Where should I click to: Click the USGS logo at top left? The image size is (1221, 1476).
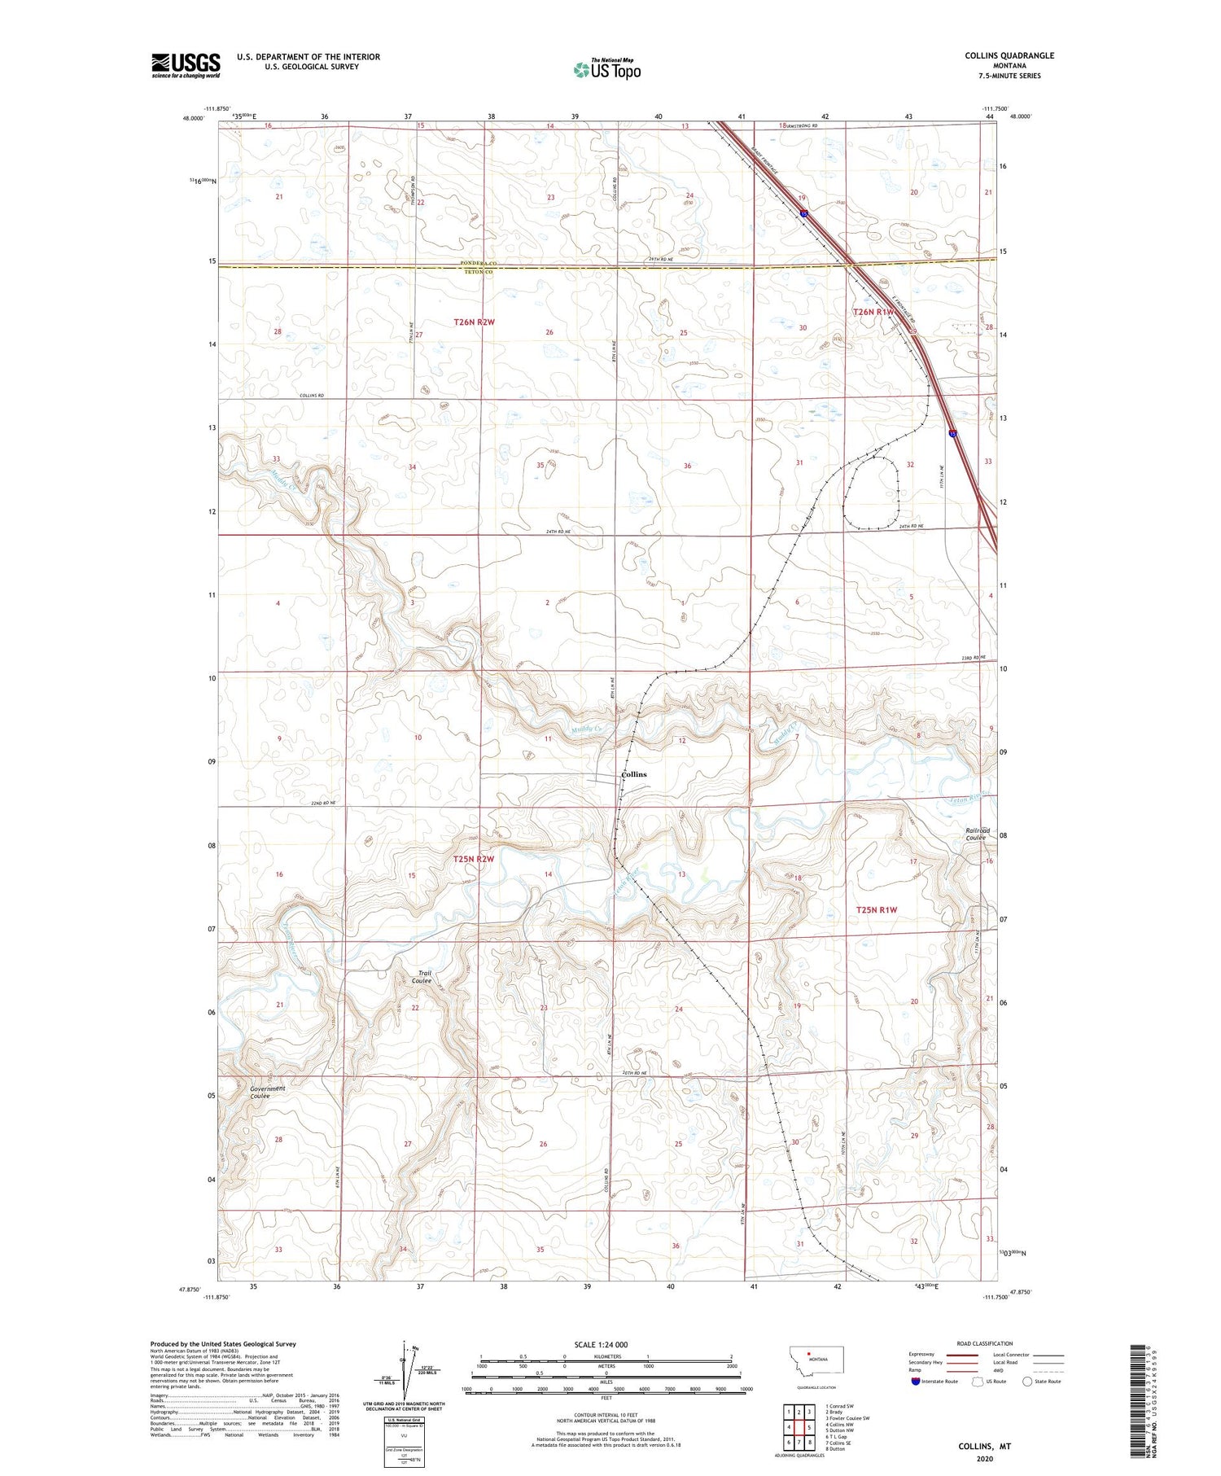tap(186, 65)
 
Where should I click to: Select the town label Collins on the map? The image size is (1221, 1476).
tap(633, 774)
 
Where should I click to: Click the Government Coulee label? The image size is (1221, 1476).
tap(268, 1092)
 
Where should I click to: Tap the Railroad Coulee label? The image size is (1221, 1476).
tap(975, 834)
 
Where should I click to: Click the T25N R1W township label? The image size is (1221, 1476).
tap(876, 909)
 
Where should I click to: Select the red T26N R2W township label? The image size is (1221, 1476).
tap(474, 322)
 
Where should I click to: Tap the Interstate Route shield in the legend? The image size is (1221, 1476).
tap(915, 1382)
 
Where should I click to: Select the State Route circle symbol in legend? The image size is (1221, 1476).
tap(1027, 1382)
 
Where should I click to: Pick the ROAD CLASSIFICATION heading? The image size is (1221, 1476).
tap(984, 1343)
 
